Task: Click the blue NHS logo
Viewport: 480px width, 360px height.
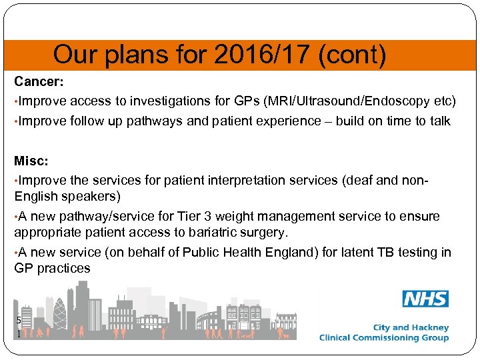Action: [425, 299]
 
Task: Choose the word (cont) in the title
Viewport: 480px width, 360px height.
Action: [352, 55]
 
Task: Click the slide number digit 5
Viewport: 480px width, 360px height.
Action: [19, 320]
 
